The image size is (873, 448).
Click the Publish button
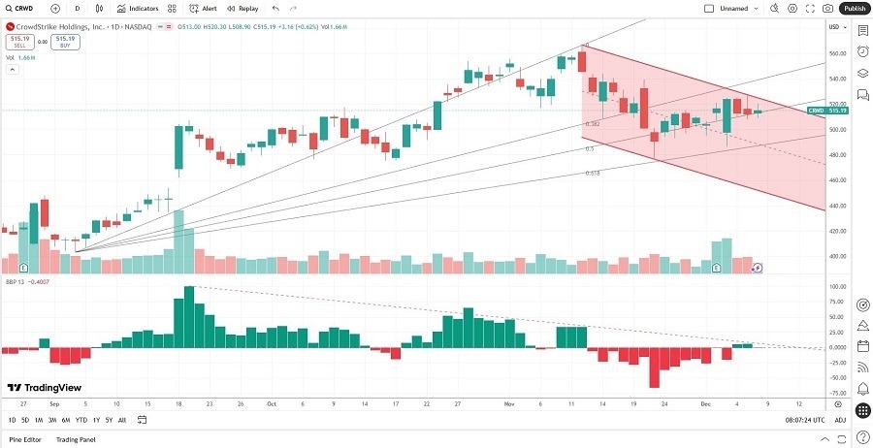pyautogui.click(x=854, y=8)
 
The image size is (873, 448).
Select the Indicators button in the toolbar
pyautogui.click(x=139, y=8)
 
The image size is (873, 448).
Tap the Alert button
pyautogui.click(x=204, y=8)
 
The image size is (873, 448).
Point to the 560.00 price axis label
pyautogui.click(x=834, y=52)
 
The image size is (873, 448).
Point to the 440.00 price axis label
pyautogui.click(x=834, y=206)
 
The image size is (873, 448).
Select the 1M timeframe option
pyautogui.click(x=39, y=420)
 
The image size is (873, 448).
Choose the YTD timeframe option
pyautogui.click(x=81, y=420)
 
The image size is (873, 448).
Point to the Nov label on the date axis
pyautogui.click(x=507, y=402)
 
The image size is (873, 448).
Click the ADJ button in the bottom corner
pyautogui.click(x=840, y=420)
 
